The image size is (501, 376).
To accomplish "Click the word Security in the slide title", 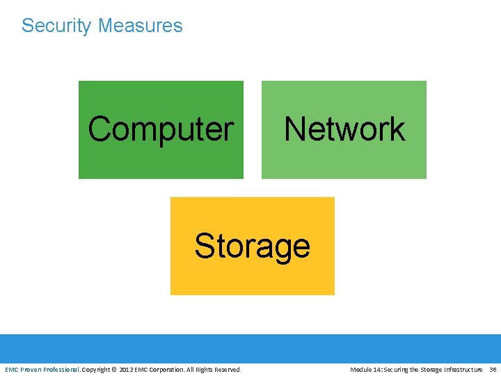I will [56, 26].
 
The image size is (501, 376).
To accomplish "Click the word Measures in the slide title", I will [140, 26].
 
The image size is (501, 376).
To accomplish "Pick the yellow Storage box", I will [252, 275].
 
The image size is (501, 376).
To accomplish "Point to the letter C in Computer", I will [100, 129].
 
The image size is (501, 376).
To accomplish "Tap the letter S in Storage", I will [203, 246].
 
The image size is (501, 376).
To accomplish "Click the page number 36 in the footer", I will [493, 369].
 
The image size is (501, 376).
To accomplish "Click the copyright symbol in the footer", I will [114, 369].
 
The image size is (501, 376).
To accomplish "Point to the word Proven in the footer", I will [32, 369].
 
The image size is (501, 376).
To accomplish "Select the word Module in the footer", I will [361, 369].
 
